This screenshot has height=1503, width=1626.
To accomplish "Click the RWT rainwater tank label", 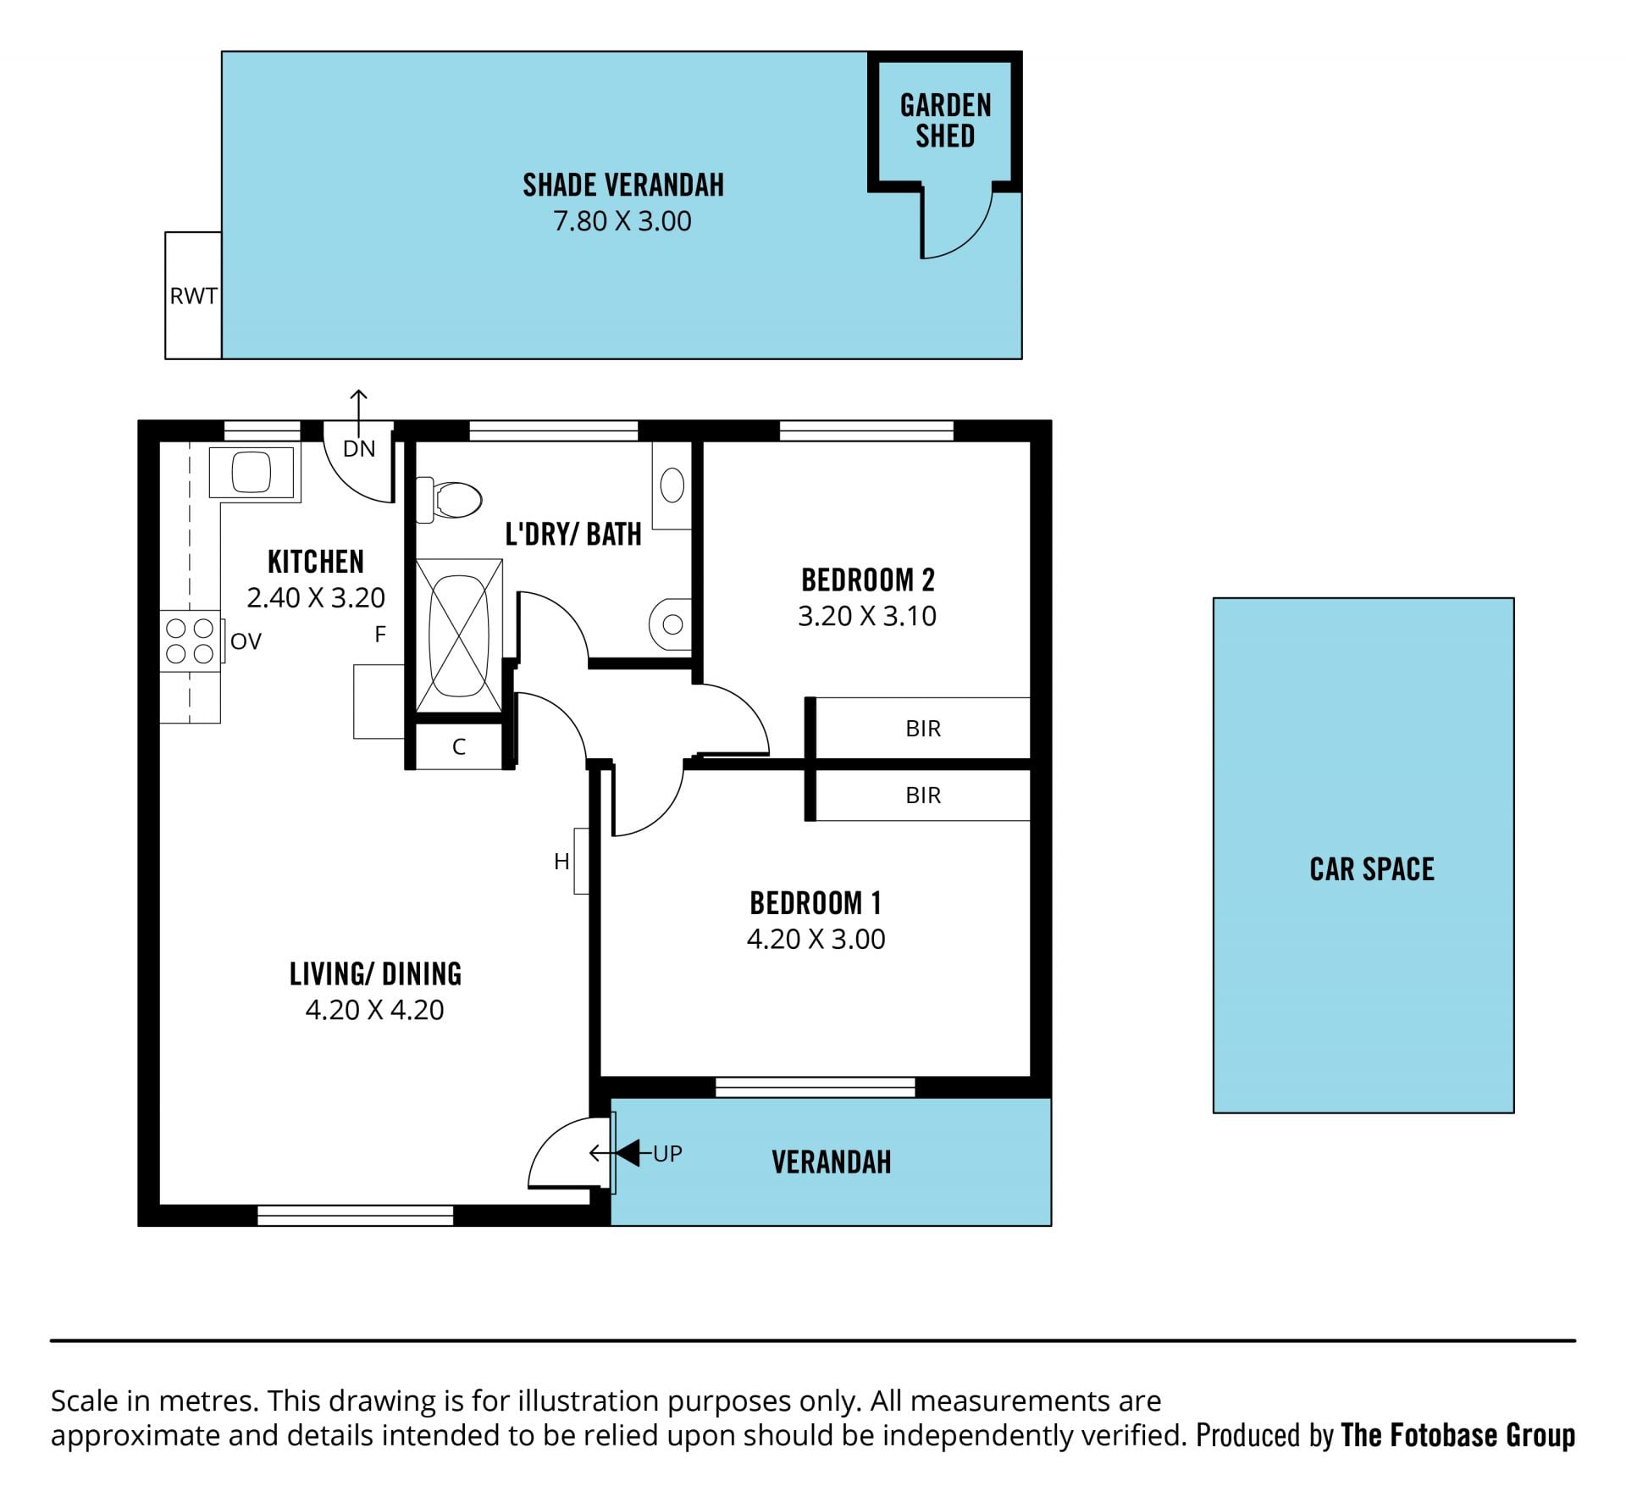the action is [x=193, y=296].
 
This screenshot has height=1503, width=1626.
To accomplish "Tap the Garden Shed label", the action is [x=945, y=120].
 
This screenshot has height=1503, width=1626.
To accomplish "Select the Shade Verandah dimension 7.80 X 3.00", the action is [x=622, y=221].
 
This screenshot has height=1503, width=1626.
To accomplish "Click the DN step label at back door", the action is [x=359, y=448].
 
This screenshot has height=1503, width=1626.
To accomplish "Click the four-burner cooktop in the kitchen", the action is [x=190, y=641].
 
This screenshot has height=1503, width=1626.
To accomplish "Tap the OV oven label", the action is [x=246, y=641].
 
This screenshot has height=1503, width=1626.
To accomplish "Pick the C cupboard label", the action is [x=459, y=746].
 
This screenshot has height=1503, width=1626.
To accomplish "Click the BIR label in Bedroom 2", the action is [x=923, y=729].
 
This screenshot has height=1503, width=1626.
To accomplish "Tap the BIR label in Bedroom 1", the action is [x=923, y=796].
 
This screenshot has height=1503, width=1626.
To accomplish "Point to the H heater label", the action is [x=561, y=862].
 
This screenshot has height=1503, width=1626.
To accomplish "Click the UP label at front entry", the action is [x=667, y=1154].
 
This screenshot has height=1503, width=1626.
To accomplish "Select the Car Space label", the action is [x=1372, y=869].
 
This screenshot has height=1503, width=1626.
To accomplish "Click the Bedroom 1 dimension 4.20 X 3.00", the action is [x=816, y=940].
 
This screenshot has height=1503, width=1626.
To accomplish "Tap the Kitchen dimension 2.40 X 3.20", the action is [x=316, y=598].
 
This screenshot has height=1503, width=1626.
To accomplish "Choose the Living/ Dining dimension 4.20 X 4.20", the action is [x=375, y=1010].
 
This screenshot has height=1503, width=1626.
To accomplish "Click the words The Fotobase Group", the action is [x=1458, y=1435].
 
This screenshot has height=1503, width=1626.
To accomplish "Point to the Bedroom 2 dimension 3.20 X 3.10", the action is [x=867, y=616].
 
